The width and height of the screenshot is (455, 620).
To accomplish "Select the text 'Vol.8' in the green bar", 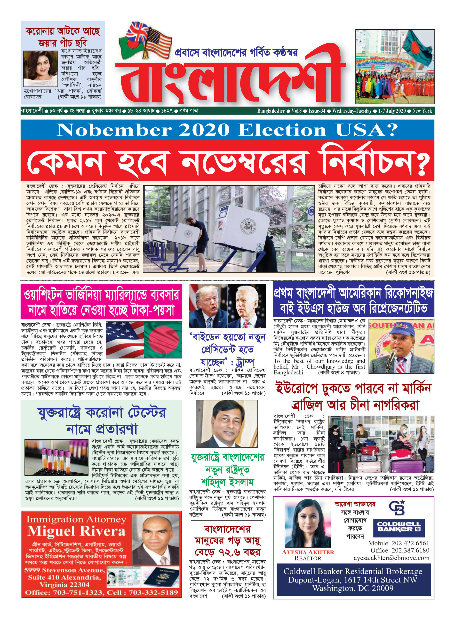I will (297, 111).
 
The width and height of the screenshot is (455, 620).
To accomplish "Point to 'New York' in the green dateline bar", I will (422, 111).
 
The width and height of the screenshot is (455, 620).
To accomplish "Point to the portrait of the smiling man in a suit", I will (226, 424).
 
